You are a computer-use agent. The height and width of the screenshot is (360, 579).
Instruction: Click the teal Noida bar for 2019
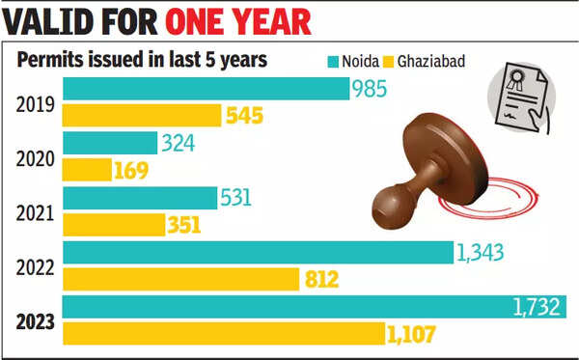click(x=206, y=89)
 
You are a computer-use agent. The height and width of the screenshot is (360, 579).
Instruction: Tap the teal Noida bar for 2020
click(x=110, y=144)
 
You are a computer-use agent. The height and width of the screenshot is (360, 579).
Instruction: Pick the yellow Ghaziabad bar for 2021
click(x=114, y=225)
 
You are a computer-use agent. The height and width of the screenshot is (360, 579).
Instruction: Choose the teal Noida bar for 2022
click(x=258, y=253)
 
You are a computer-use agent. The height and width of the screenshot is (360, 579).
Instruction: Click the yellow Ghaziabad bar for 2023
click(x=223, y=334)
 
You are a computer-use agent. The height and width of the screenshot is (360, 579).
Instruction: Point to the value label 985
click(x=369, y=90)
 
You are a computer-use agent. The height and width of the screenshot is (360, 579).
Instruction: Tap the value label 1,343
click(x=482, y=253)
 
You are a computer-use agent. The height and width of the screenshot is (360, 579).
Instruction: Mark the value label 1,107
click(x=412, y=335)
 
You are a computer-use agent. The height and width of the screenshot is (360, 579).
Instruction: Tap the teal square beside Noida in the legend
click(x=335, y=60)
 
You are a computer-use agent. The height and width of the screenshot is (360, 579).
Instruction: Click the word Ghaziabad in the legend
click(x=431, y=60)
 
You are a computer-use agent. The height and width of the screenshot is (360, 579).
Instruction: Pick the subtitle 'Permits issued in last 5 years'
click(x=142, y=60)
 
